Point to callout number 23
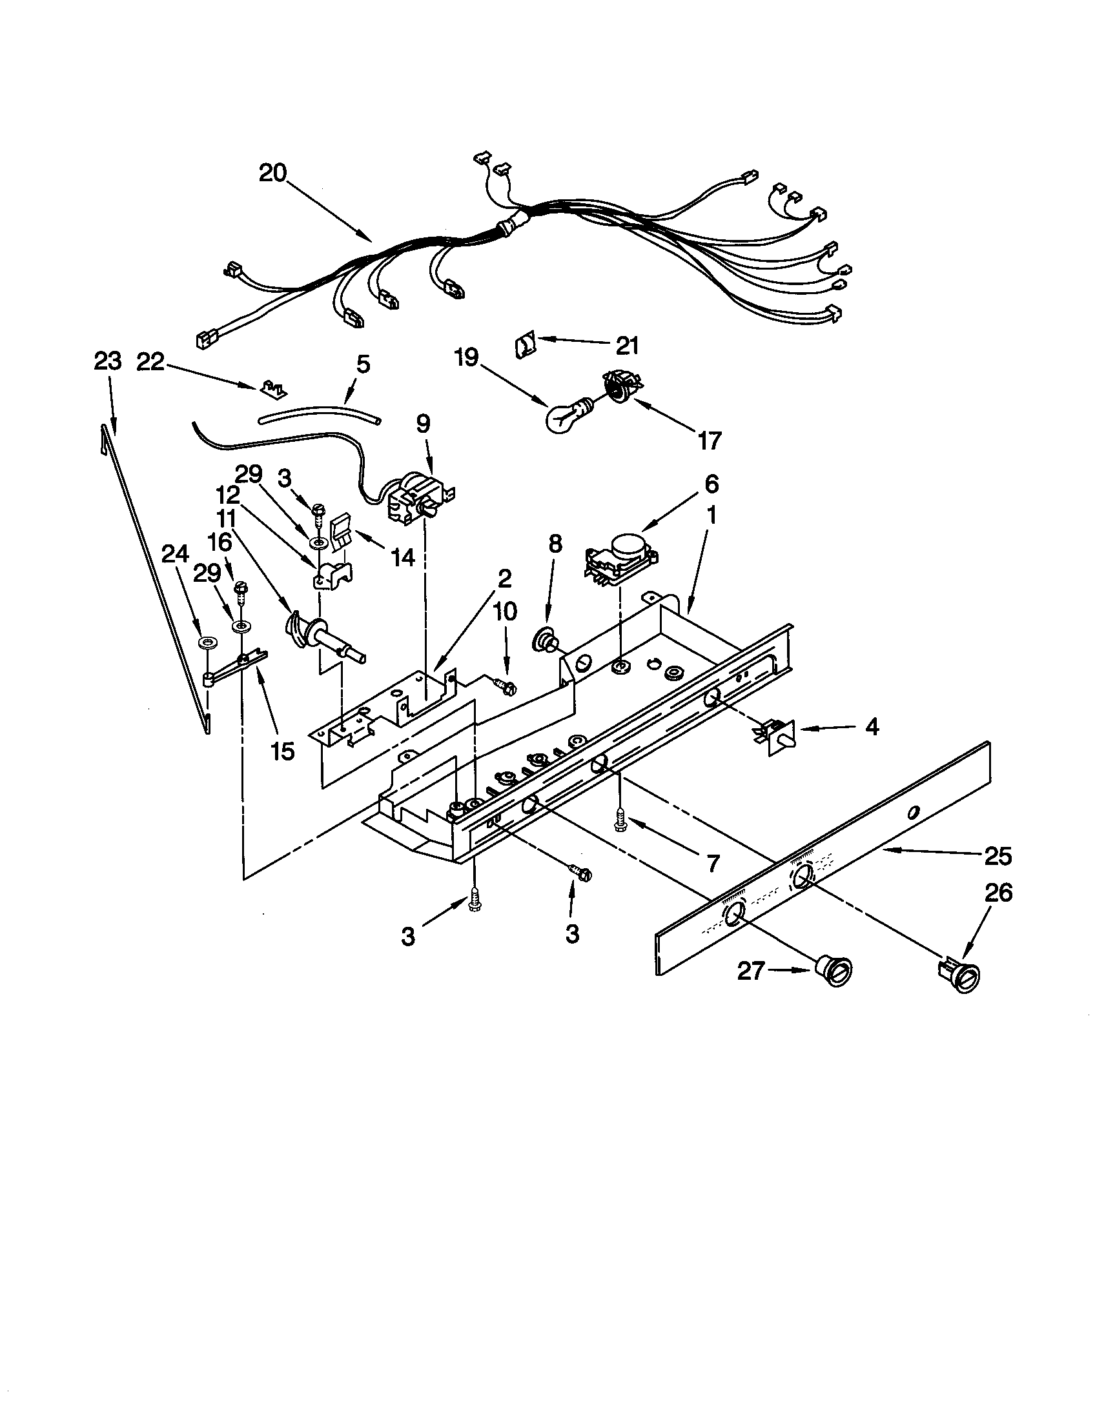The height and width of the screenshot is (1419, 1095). (x=107, y=361)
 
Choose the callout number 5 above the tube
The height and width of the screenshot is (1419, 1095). (x=363, y=364)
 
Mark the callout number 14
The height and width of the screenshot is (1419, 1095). (x=403, y=557)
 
